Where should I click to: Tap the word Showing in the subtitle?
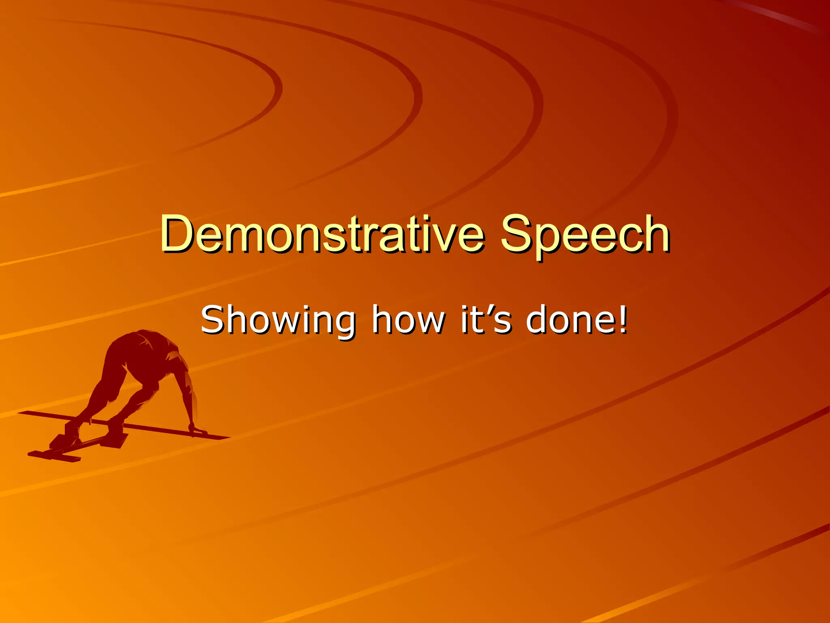pos(278,320)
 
